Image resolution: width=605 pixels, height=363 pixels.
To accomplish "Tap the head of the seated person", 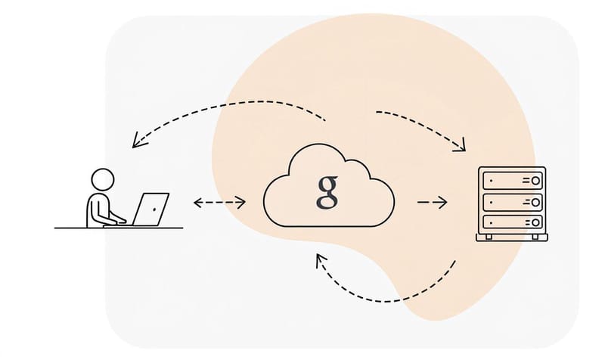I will pos(102,179).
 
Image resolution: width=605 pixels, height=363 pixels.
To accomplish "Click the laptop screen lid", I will pos(151,208).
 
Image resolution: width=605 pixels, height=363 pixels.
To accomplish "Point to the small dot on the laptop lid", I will pos(154,206).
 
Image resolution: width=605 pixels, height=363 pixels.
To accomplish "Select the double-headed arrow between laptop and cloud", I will pos(219,202).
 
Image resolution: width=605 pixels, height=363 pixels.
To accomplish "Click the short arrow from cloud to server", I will pos(433,202).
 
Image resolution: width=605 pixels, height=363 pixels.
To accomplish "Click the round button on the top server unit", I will pos(536,181).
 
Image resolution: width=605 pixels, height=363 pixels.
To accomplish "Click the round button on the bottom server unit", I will pos(536,222).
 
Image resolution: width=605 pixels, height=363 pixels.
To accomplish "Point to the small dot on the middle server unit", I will pos(490,202).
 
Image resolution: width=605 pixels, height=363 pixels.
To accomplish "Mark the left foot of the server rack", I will pos(487,237).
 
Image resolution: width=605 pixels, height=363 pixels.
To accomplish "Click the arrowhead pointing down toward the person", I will pos(136,142).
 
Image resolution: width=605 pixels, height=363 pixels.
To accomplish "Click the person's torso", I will pos(98,209).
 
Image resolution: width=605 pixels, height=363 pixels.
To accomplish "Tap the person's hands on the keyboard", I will pos(121,220).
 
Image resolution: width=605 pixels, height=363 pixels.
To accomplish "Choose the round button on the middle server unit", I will pos(536,202).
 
